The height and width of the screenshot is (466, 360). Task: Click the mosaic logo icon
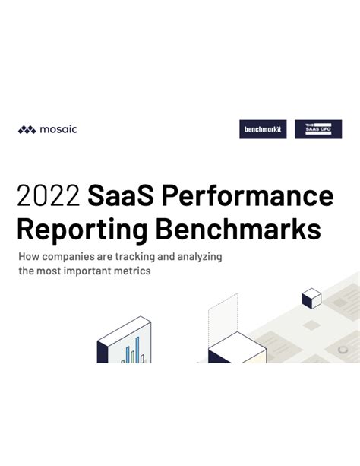tap(27, 129)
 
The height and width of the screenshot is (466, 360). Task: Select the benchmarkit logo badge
tap(263, 129)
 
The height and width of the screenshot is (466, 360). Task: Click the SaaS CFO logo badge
tap(318, 129)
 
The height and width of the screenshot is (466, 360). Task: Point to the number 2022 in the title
tap(48, 196)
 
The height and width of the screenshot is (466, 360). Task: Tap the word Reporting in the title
tap(81, 230)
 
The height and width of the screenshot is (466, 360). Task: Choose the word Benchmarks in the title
tap(236, 230)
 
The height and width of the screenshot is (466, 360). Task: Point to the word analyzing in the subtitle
tap(198, 257)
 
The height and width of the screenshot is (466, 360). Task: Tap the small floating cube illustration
tap(311, 299)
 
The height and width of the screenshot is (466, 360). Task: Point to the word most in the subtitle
tap(55, 271)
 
